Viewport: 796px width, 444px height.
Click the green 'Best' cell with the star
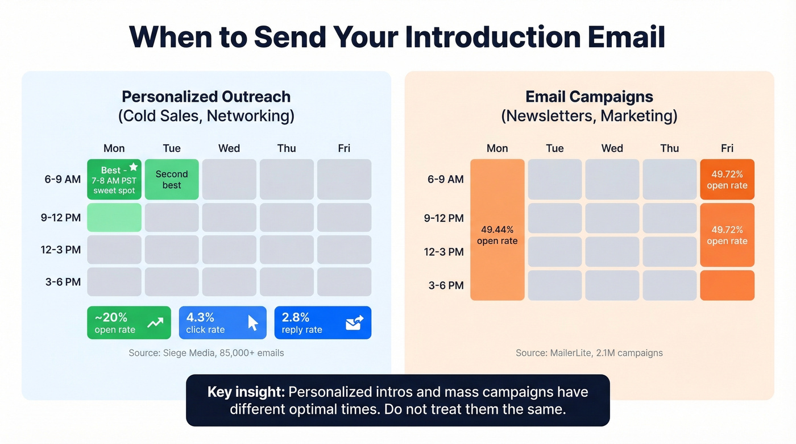(x=114, y=180)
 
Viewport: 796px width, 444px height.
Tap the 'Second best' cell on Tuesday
(x=172, y=180)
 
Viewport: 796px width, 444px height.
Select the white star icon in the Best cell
(x=133, y=167)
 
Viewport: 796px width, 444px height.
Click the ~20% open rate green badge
(x=128, y=323)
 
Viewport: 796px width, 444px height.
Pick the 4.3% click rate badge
(x=222, y=323)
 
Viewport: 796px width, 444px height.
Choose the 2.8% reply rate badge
(x=322, y=323)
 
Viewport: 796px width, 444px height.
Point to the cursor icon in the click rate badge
(x=252, y=323)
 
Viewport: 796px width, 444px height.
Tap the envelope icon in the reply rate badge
(x=354, y=323)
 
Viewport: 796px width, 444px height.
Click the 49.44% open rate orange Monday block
(x=497, y=230)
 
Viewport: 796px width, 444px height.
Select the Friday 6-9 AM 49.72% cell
(x=727, y=180)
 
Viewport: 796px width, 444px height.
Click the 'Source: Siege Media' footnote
(x=206, y=353)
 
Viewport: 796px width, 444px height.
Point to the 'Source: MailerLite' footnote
(x=589, y=353)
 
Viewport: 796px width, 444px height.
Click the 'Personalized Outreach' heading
(x=206, y=97)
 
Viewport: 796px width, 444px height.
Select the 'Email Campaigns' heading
(x=589, y=97)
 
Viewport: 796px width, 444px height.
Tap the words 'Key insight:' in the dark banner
(x=246, y=392)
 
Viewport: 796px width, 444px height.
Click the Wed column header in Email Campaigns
(x=612, y=148)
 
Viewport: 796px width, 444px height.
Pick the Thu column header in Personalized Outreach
(x=287, y=148)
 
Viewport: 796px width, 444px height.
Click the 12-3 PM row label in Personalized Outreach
(x=61, y=250)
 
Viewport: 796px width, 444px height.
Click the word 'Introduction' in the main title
(x=492, y=37)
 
